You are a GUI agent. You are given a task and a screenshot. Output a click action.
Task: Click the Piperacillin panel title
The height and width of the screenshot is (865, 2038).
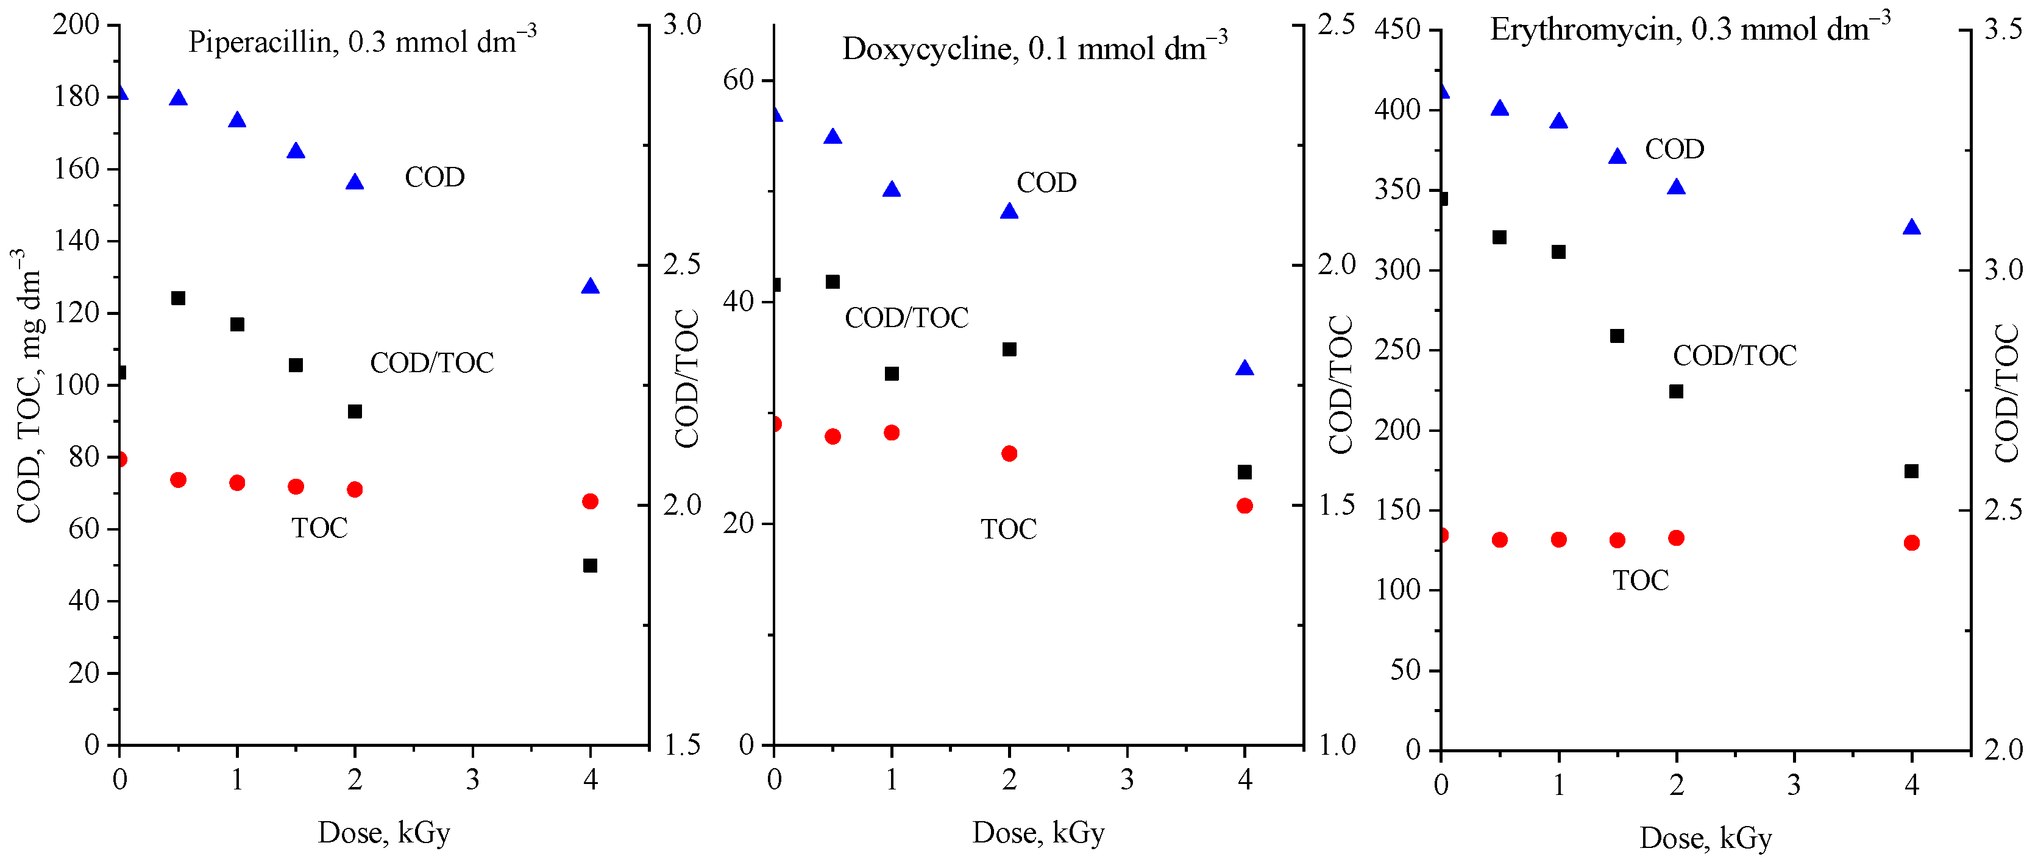click(361, 41)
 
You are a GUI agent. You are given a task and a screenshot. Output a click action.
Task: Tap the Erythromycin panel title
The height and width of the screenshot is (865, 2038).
click(1689, 29)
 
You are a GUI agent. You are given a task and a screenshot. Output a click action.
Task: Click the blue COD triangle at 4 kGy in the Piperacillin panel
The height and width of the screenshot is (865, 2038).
click(590, 286)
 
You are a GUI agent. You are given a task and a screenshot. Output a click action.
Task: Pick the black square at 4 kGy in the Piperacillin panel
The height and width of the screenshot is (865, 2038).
click(590, 565)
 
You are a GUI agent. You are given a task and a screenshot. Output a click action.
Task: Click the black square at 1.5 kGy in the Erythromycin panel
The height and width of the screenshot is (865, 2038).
click(1617, 336)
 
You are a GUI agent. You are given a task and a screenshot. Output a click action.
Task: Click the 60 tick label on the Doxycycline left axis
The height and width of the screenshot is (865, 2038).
click(737, 80)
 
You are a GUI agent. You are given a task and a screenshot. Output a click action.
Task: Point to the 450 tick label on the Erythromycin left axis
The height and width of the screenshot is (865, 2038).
click(1397, 30)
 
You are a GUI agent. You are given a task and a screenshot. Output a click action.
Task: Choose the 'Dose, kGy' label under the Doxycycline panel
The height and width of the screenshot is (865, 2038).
click(1038, 833)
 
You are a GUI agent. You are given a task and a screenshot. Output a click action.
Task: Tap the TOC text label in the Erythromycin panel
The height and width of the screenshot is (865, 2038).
click(1641, 581)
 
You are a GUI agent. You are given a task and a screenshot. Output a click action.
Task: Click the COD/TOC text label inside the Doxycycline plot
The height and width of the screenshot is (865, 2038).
click(907, 318)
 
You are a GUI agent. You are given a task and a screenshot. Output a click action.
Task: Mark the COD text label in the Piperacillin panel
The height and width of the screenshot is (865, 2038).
click(435, 177)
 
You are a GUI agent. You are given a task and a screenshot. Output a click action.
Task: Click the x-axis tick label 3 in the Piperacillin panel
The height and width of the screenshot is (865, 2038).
click(472, 780)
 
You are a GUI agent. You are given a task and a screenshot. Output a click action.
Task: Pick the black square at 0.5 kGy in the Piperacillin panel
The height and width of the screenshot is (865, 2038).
click(178, 298)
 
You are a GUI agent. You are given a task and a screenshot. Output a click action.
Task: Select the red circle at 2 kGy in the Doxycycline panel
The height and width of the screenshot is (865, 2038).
click(1009, 454)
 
